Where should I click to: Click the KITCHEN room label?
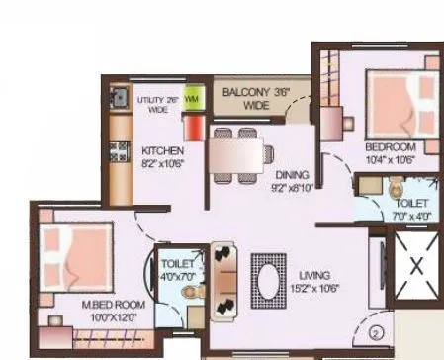point(161,150)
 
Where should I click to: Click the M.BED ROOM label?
point(113,305)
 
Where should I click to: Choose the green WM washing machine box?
point(192,100)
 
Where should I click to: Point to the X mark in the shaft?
point(415,264)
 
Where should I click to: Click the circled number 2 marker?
point(377,332)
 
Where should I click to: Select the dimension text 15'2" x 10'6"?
point(313,289)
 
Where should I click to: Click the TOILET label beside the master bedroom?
point(178,265)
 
